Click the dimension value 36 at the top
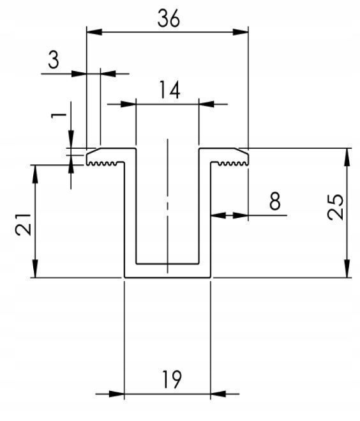click(169, 19)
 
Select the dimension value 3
click(54, 60)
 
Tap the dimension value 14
click(170, 89)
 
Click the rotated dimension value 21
click(24, 224)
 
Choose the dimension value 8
click(275, 201)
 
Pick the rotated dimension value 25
click(335, 206)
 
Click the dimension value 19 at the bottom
click(172, 379)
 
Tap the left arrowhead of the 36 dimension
click(94, 32)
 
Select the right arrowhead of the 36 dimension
click(241, 32)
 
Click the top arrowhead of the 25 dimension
click(347, 157)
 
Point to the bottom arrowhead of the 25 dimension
click(347, 269)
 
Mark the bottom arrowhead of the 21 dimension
click(35, 269)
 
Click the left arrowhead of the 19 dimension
click(117, 394)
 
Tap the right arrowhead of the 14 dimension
click(207, 104)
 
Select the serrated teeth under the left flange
click(103, 164)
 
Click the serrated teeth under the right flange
click(232, 164)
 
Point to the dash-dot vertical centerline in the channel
click(168, 206)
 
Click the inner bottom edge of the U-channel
click(167, 264)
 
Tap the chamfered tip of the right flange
click(243, 151)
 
